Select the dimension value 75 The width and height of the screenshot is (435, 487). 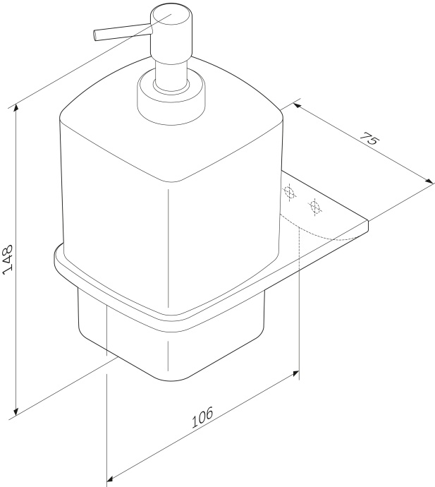pos(369,139)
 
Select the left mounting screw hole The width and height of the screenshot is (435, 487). pos(288,191)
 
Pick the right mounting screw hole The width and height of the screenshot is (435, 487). pos(315,207)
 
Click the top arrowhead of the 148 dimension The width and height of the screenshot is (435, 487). pos(16,108)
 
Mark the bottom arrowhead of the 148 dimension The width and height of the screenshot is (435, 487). pos(16,413)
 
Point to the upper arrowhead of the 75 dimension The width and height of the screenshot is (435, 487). pos(296,104)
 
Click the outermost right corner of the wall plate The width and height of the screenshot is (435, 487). pos(369,225)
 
